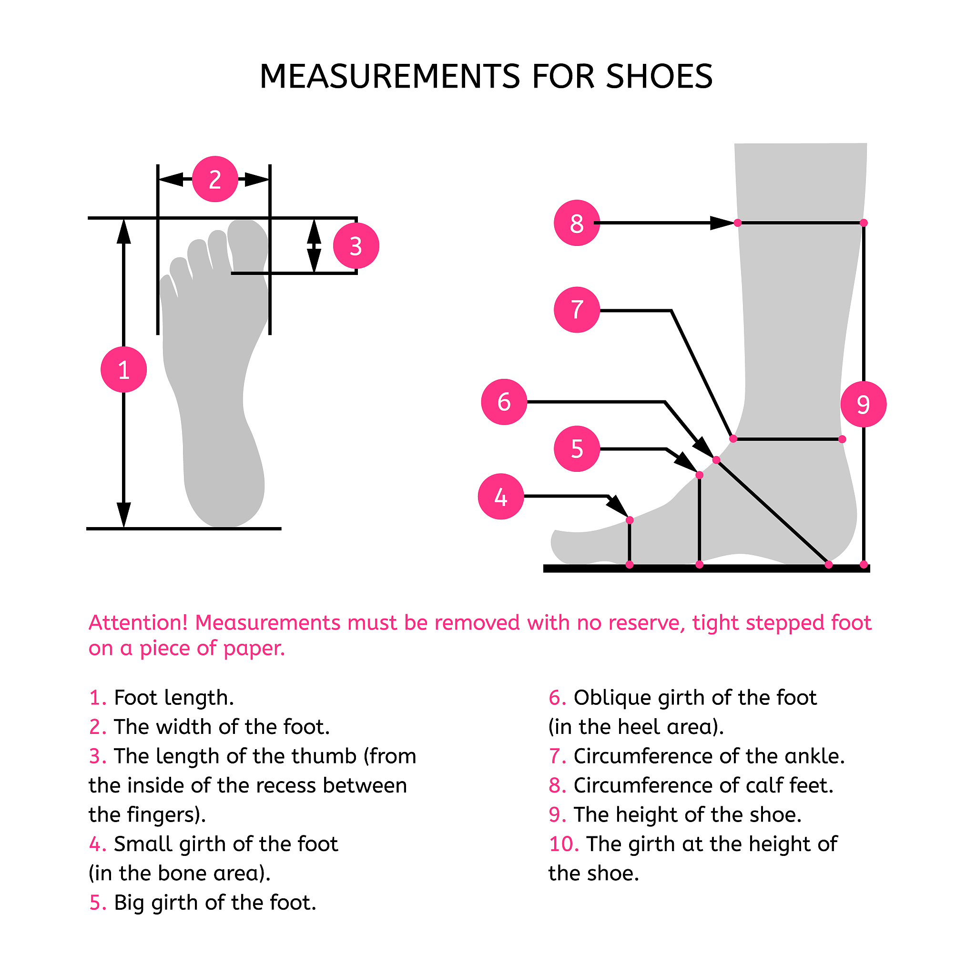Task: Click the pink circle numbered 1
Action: (124, 369)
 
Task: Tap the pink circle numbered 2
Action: (215, 179)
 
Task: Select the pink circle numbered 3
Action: (356, 246)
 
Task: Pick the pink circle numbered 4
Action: (501, 497)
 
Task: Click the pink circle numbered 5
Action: (577, 448)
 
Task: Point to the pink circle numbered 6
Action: (504, 402)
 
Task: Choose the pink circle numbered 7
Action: (577, 310)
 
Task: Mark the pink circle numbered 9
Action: (864, 404)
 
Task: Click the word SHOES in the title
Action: (659, 77)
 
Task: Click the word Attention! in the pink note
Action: (138, 623)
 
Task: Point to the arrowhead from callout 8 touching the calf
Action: (722, 223)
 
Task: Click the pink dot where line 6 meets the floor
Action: (828, 565)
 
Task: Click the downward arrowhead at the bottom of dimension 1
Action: (124, 515)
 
